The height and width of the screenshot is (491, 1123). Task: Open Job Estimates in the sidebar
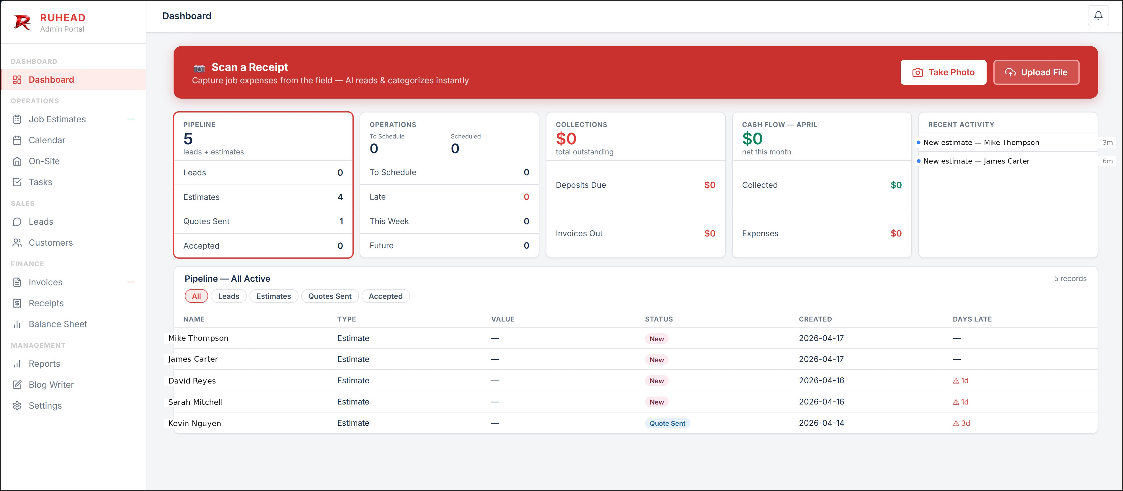pyautogui.click(x=57, y=119)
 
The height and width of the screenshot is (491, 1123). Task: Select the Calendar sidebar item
pyautogui.click(x=47, y=140)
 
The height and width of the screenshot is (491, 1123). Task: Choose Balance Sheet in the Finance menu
pyautogui.click(x=58, y=324)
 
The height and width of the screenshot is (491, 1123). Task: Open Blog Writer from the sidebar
pyautogui.click(x=51, y=385)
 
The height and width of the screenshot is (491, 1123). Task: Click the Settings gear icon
pyautogui.click(x=17, y=406)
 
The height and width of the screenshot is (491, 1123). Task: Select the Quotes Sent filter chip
pyautogui.click(x=329, y=296)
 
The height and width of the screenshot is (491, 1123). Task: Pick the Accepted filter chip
pyautogui.click(x=385, y=296)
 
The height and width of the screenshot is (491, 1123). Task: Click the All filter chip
pyautogui.click(x=196, y=296)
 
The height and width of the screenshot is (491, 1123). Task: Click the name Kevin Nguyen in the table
pyautogui.click(x=195, y=423)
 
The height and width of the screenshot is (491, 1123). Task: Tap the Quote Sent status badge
pyautogui.click(x=667, y=423)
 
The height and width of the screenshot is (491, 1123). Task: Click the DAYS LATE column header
pyautogui.click(x=972, y=319)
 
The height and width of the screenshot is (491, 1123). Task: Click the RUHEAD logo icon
pyautogui.click(x=22, y=22)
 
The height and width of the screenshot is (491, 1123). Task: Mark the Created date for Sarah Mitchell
pyautogui.click(x=821, y=402)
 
